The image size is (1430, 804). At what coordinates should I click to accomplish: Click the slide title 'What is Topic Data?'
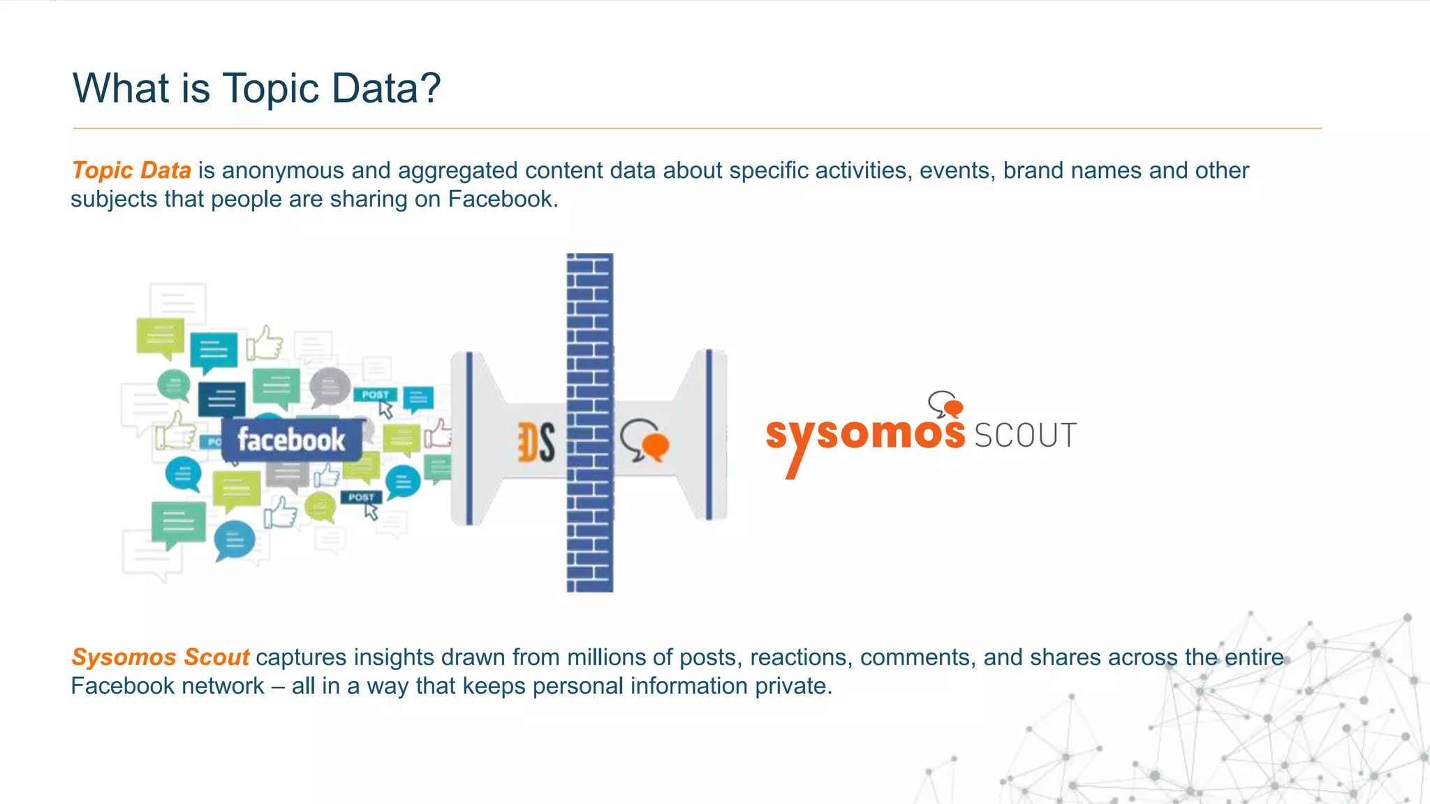(256, 89)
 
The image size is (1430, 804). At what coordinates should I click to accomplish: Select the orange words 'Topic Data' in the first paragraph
(131, 170)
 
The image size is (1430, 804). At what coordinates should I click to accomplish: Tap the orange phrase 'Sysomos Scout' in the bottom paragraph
(160, 657)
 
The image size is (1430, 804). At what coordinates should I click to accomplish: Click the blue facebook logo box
(291, 440)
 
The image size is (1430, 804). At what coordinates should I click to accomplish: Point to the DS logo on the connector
(536, 442)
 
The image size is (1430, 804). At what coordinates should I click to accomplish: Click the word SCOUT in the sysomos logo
(1025, 435)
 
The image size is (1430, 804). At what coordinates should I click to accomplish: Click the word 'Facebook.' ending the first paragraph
(503, 200)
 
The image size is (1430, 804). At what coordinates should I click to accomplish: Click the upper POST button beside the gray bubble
(375, 395)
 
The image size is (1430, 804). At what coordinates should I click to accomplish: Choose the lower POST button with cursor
(361, 498)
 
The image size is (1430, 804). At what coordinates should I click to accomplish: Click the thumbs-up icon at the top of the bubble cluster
(265, 343)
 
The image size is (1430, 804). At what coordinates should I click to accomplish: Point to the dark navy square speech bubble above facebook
(222, 399)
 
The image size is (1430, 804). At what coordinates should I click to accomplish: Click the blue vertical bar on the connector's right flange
(709, 434)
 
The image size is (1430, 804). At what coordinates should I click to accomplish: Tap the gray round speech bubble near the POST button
(330, 387)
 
